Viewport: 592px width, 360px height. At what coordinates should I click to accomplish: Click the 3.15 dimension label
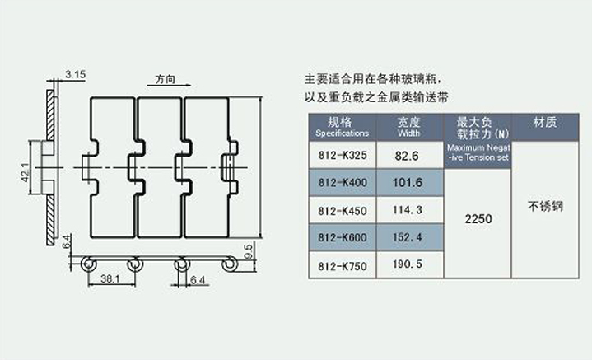coord(75,74)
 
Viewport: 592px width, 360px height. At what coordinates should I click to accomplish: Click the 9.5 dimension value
coord(248,249)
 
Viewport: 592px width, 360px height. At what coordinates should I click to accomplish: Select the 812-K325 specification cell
coord(341,155)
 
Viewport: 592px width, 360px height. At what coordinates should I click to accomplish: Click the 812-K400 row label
coord(341,182)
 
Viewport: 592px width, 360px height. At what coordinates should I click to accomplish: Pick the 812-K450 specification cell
coord(341,210)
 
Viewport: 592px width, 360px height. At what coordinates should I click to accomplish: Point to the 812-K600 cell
coord(341,238)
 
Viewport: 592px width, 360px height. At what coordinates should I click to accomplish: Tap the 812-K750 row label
coord(341,266)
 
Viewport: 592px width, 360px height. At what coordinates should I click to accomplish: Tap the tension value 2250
coord(478,220)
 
